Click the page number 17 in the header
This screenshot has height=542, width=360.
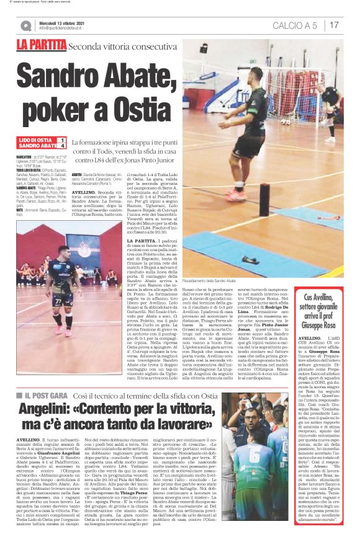coord(335,25)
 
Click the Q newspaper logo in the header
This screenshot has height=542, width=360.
coord(25,25)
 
